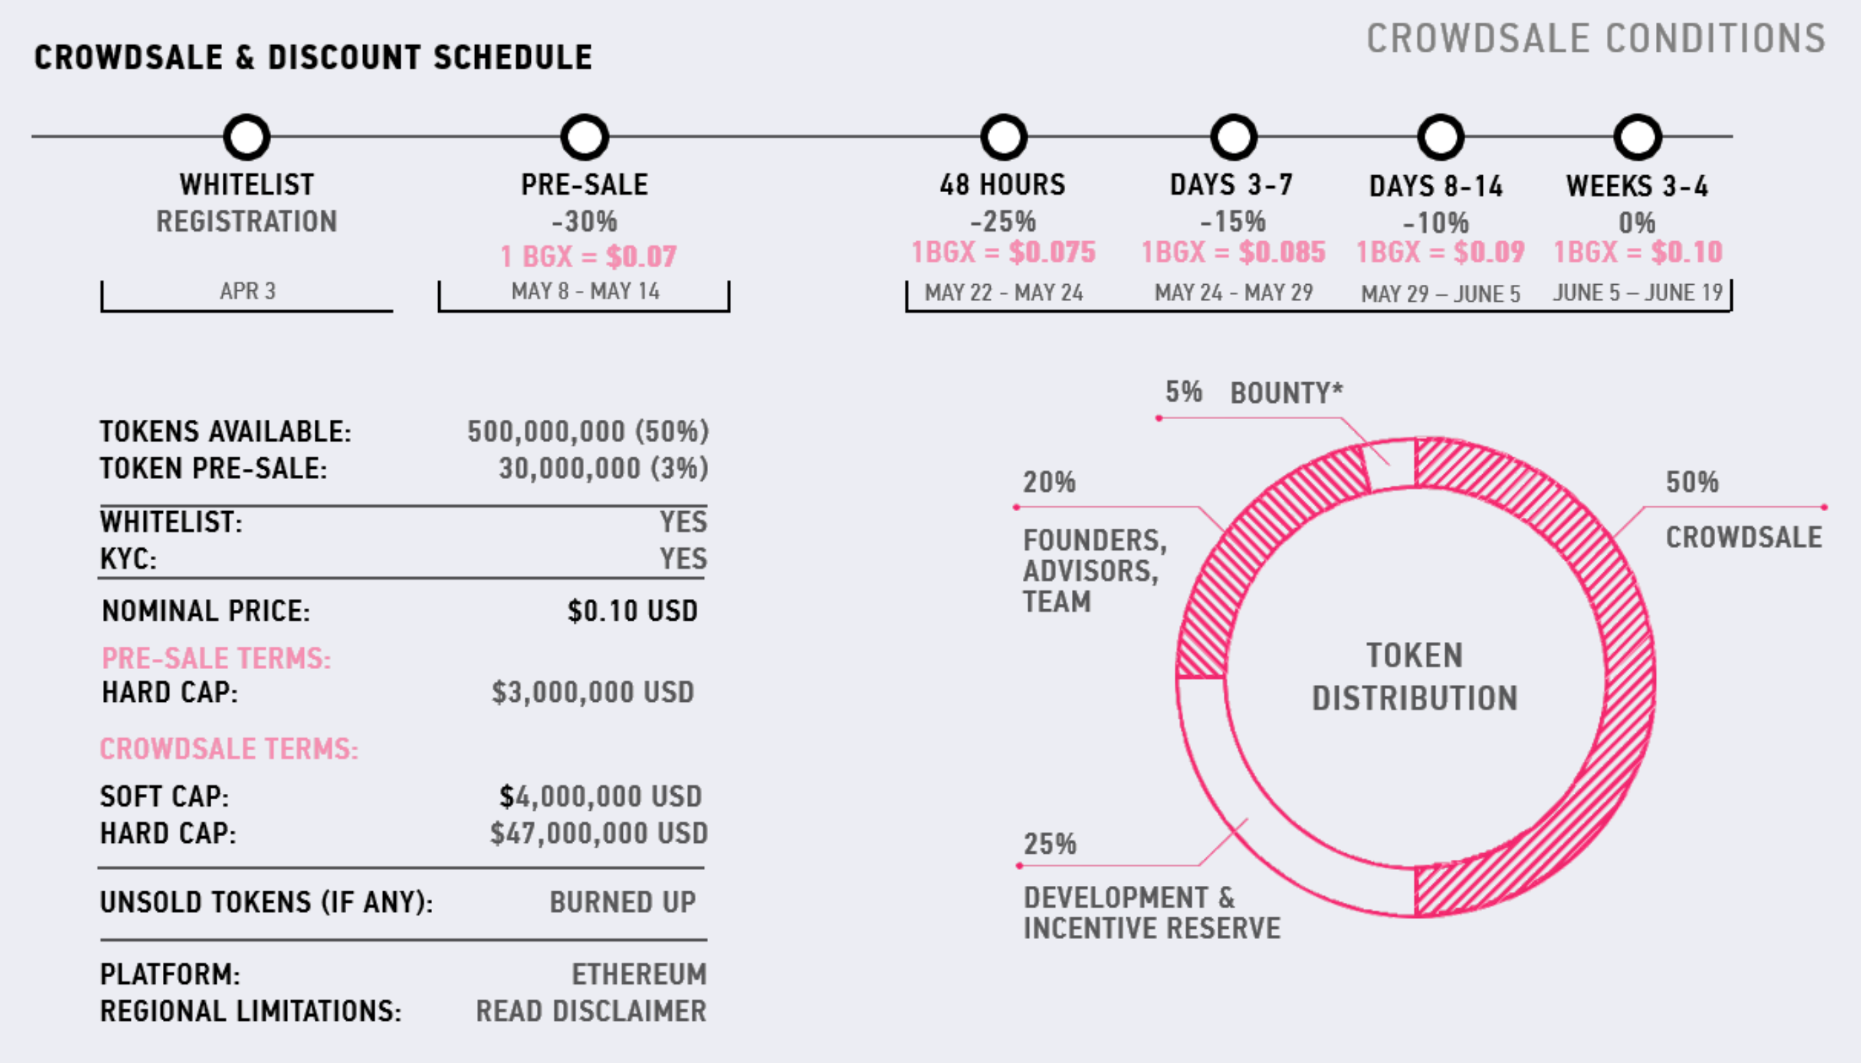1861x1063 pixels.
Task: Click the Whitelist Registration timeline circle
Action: pyautogui.click(x=247, y=137)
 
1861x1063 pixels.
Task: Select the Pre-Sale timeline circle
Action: pyautogui.click(x=584, y=137)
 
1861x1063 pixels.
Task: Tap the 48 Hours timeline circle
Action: pyautogui.click(x=1004, y=137)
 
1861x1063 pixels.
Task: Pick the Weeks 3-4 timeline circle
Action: pyautogui.click(x=1637, y=137)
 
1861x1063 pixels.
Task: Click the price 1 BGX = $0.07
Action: pyautogui.click(x=589, y=256)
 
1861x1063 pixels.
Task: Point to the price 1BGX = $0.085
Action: pyautogui.click(x=1233, y=252)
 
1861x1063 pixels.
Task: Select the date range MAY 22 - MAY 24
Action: pyautogui.click(x=1004, y=293)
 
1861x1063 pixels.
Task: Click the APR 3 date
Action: pyautogui.click(x=247, y=292)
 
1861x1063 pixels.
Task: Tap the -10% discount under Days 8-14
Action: pyautogui.click(x=1435, y=222)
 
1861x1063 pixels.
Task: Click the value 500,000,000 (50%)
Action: pyautogui.click(x=587, y=431)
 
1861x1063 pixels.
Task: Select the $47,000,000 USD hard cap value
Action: pyautogui.click(x=599, y=833)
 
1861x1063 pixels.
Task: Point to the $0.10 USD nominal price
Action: pyautogui.click(x=632, y=611)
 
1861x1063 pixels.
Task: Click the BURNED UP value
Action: pyautogui.click(x=623, y=902)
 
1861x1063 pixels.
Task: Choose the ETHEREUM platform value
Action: pyautogui.click(x=639, y=974)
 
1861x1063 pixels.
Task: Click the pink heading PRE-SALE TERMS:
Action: pyautogui.click(x=216, y=658)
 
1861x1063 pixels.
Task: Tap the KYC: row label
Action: pyautogui.click(x=129, y=559)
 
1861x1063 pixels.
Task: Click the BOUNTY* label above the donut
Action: pyautogui.click(x=1287, y=392)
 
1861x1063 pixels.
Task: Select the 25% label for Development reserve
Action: pyautogui.click(x=1050, y=844)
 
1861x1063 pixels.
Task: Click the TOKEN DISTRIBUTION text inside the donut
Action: pyautogui.click(x=1414, y=677)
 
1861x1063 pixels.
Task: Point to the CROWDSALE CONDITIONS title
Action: pyautogui.click(x=1596, y=39)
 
